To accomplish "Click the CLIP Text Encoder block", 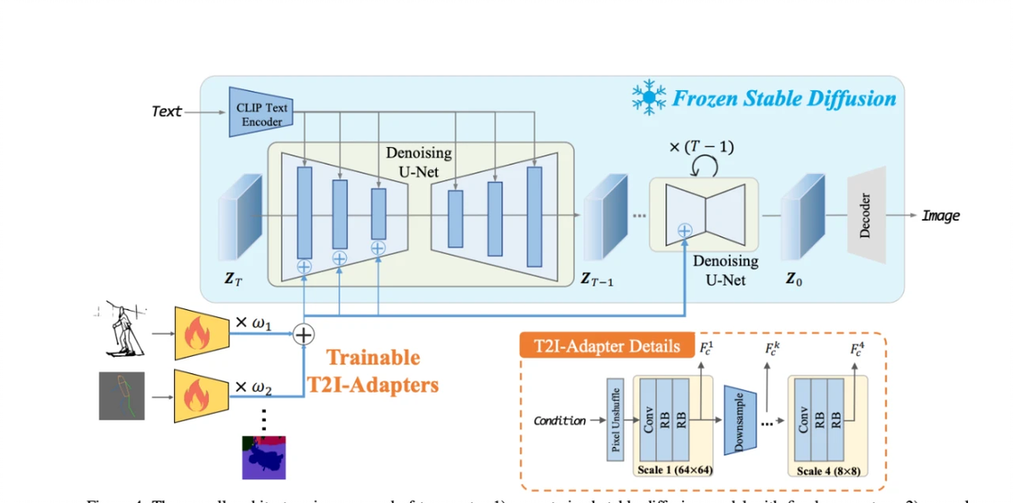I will coord(261,112).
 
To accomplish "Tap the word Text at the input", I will coord(167,111).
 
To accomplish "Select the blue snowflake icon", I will coord(648,99).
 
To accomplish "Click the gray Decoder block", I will coord(866,215).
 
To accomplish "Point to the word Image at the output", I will coord(941,216).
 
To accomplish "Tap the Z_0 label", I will coord(793,278).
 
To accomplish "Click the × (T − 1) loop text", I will coord(701,147).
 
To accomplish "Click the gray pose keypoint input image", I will coord(122,395).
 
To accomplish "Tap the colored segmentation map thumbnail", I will coord(264,457).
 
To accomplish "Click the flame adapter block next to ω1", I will coord(201,333).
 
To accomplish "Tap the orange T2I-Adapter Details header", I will coord(606,346).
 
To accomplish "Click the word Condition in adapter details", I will coord(559,421).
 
